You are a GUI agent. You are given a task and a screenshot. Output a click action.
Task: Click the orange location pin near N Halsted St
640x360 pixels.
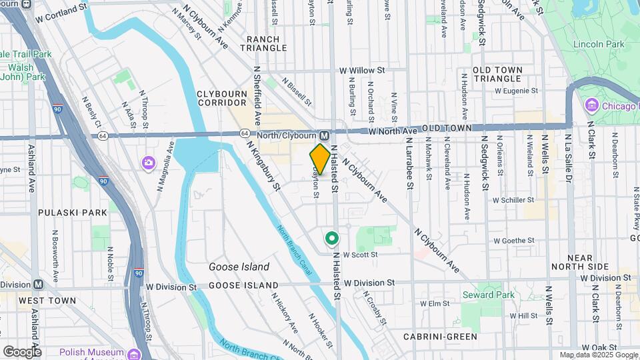coord(320,159)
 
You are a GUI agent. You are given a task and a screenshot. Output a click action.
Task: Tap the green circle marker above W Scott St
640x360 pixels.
coord(331,238)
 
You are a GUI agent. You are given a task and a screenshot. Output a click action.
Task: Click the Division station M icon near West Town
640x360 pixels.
coord(38,284)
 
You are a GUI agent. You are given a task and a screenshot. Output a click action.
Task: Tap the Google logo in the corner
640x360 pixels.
coord(22,351)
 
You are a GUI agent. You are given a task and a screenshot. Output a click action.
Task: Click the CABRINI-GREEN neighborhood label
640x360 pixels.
coord(437,337)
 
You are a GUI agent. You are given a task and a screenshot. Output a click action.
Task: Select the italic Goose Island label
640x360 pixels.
coord(239,267)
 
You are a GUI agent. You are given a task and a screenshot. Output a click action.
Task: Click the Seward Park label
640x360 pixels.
coord(489,295)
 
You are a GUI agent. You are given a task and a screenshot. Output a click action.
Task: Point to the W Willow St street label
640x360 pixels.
coord(362,69)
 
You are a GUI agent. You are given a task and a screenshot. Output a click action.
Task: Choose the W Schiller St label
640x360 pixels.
coord(513,199)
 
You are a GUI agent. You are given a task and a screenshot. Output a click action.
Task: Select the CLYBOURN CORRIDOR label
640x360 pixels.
coord(222,98)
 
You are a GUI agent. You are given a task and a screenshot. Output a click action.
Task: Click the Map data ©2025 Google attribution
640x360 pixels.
coord(598,355)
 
